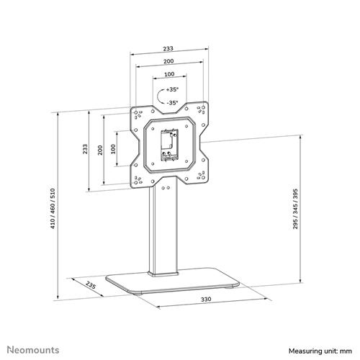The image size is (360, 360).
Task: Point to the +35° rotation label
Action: [171, 91]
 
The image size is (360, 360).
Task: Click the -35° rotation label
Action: [171, 102]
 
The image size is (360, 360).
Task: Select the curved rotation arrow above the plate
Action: [158, 96]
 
